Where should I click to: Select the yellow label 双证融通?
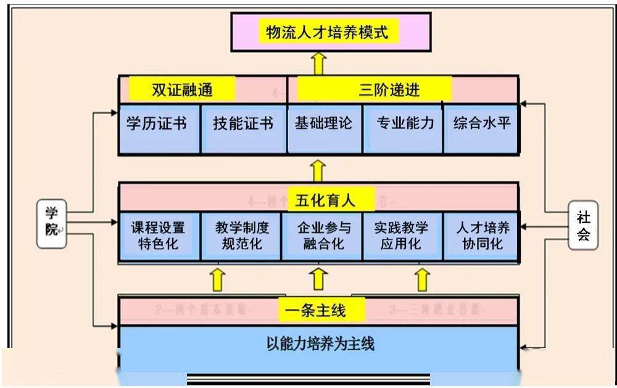click(182, 90)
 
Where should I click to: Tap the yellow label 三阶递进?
click(375, 90)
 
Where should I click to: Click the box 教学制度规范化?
click(241, 236)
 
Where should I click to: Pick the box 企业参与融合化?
click(323, 236)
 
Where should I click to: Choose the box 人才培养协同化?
click(481, 236)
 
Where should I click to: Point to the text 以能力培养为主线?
click(320, 344)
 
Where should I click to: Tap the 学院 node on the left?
click(51, 223)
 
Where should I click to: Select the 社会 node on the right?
click(583, 226)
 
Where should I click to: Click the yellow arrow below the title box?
click(318, 64)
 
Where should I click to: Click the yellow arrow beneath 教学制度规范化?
click(217, 279)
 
